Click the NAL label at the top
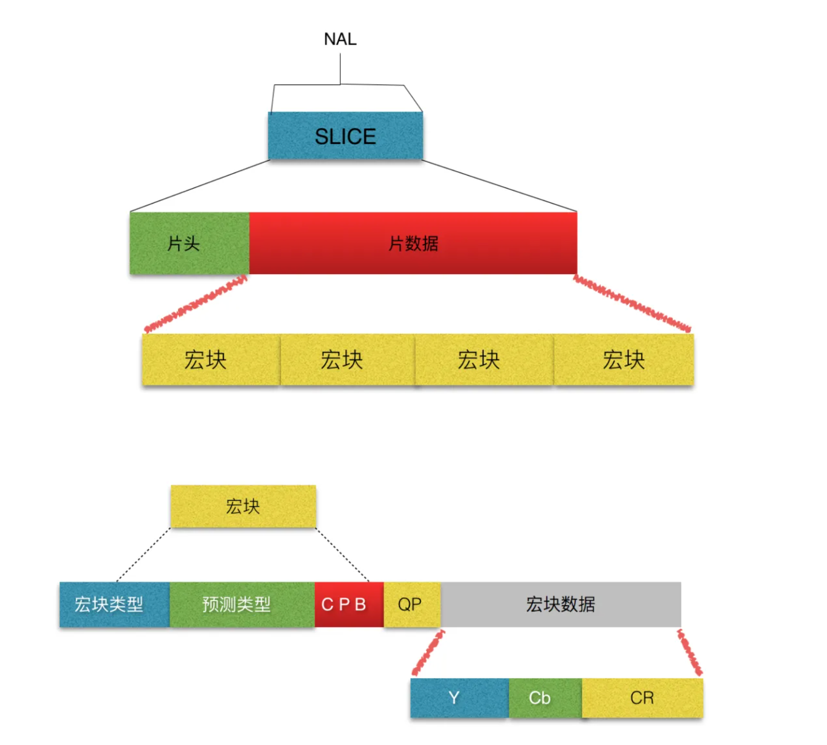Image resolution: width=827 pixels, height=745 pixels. [340, 39]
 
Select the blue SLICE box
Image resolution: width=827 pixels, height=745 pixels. [345, 136]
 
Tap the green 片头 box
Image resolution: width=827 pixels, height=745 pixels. [189, 243]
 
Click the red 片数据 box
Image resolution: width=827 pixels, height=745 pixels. [413, 243]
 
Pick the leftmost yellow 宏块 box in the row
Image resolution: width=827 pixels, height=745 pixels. [211, 360]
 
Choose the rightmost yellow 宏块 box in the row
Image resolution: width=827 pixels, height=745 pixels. [624, 360]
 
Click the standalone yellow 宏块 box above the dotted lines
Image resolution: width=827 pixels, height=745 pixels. [243, 506]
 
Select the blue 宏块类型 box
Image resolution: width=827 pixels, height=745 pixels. [114, 604]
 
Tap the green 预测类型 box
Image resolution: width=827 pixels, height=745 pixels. [242, 604]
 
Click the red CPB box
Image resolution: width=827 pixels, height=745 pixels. [349, 604]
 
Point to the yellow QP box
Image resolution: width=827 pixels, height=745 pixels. [412, 604]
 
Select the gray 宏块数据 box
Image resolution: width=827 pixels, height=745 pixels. [561, 604]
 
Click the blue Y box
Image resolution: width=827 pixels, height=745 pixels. [459, 698]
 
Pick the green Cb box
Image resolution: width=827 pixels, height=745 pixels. [545, 698]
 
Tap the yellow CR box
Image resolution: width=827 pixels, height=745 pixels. [642, 698]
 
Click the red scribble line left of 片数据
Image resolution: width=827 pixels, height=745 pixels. [196, 304]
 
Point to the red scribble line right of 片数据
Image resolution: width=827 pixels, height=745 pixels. [632, 303]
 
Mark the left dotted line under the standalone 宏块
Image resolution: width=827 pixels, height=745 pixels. [143, 555]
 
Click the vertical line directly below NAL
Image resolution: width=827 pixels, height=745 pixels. [340, 69]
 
